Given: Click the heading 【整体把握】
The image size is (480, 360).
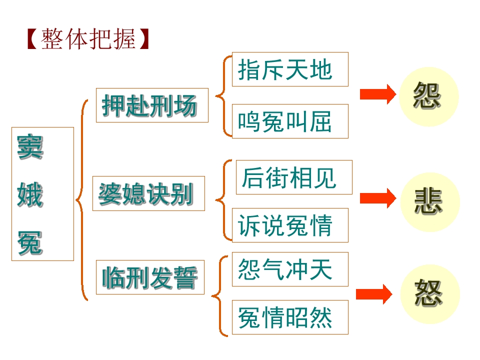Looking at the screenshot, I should [88, 39].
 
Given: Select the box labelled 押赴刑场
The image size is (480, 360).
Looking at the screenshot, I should [152, 105].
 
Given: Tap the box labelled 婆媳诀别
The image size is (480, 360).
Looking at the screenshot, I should [148, 193].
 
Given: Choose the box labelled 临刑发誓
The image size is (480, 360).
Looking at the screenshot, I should [150, 277].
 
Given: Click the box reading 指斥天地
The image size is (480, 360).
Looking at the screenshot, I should [290, 69].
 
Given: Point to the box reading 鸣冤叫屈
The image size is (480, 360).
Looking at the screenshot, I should [290, 121].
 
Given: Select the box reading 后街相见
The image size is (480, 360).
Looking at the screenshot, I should [294, 177].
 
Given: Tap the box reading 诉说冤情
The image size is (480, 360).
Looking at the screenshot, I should [290, 225].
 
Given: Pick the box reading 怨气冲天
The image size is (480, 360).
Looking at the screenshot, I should [290, 269].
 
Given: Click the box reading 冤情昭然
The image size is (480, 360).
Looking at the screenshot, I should [290, 317].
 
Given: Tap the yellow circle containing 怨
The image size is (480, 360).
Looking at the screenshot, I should [428, 96].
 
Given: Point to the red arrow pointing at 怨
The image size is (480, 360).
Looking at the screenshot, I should [377, 94].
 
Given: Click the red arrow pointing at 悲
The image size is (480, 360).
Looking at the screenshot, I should [377, 198].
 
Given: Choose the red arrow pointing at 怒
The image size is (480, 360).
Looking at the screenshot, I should [374, 294].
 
